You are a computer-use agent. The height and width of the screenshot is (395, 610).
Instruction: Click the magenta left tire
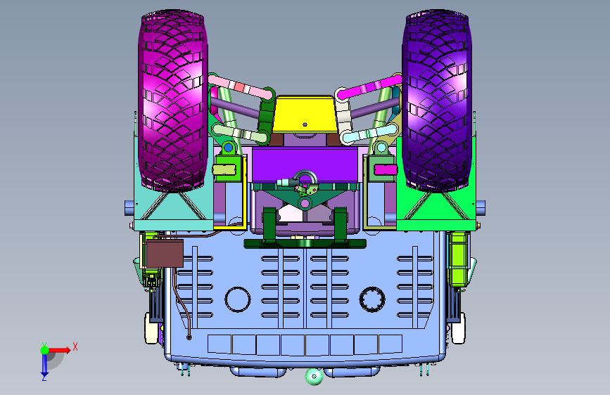coord(173,101)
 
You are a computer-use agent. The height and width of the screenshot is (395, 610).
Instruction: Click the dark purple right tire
coord(437,101)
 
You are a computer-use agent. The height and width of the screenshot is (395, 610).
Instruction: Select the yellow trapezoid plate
coord(304,115)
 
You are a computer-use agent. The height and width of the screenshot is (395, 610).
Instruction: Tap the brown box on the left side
coord(165,254)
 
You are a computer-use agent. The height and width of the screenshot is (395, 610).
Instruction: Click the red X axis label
coord(75,347)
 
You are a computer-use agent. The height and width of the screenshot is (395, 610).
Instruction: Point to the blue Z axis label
coord(44,377)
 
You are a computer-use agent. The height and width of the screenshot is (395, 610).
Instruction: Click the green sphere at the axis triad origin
coord(45,350)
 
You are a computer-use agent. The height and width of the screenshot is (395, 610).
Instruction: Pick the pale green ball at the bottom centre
coord(314,376)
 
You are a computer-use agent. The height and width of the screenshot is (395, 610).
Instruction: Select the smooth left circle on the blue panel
coord(238,299)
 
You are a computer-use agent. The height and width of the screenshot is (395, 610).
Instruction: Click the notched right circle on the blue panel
coord(372,299)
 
